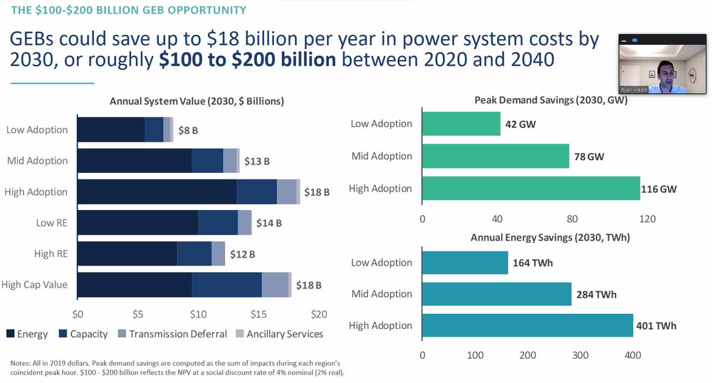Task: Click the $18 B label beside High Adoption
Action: (317, 192)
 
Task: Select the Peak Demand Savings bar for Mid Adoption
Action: (496, 156)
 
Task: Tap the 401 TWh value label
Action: (656, 325)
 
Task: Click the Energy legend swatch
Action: (12, 334)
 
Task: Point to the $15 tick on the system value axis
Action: (258, 314)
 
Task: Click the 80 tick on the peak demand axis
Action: (572, 218)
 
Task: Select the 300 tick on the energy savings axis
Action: (580, 355)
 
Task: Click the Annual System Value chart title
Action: (197, 101)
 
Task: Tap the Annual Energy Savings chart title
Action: (550, 237)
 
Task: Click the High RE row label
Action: (51, 253)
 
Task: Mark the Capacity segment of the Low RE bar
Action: (217, 223)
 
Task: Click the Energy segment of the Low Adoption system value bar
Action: (110, 130)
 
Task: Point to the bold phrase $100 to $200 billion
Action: (246, 60)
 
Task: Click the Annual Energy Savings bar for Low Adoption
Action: (465, 263)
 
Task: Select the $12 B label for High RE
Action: (242, 254)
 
